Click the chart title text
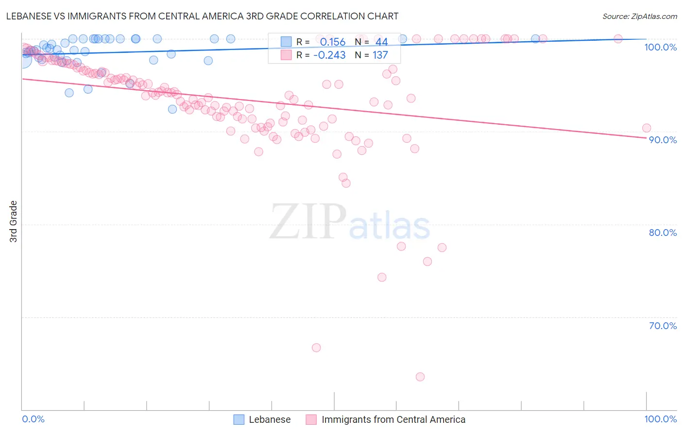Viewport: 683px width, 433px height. click(202, 16)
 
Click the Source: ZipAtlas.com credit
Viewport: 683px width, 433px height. click(639, 16)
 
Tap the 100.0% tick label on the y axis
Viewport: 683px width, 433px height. click(660, 47)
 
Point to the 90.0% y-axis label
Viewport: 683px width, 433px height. click(663, 140)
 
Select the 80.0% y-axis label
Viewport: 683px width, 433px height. click(663, 233)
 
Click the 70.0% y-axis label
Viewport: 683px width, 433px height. click(663, 326)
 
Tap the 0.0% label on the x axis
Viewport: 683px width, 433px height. click(33, 419)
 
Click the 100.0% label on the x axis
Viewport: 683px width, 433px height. click(660, 419)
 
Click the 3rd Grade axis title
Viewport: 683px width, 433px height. click(14, 221)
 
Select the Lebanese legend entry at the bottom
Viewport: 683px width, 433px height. click(270, 419)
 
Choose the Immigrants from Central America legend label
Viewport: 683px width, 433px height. click(393, 419)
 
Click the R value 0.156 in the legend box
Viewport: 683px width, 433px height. click(333, 42)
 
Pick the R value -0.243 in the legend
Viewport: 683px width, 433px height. click(329, 55)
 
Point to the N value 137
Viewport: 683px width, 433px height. click(380, 55)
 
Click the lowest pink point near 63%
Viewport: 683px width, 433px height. click(420, 377)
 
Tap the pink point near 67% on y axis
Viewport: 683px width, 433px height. click(316, 348)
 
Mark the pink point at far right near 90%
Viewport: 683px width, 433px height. click(647, 128)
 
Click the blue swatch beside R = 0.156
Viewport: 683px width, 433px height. click(286, 42)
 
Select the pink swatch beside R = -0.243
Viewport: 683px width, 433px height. click(286, 55)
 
